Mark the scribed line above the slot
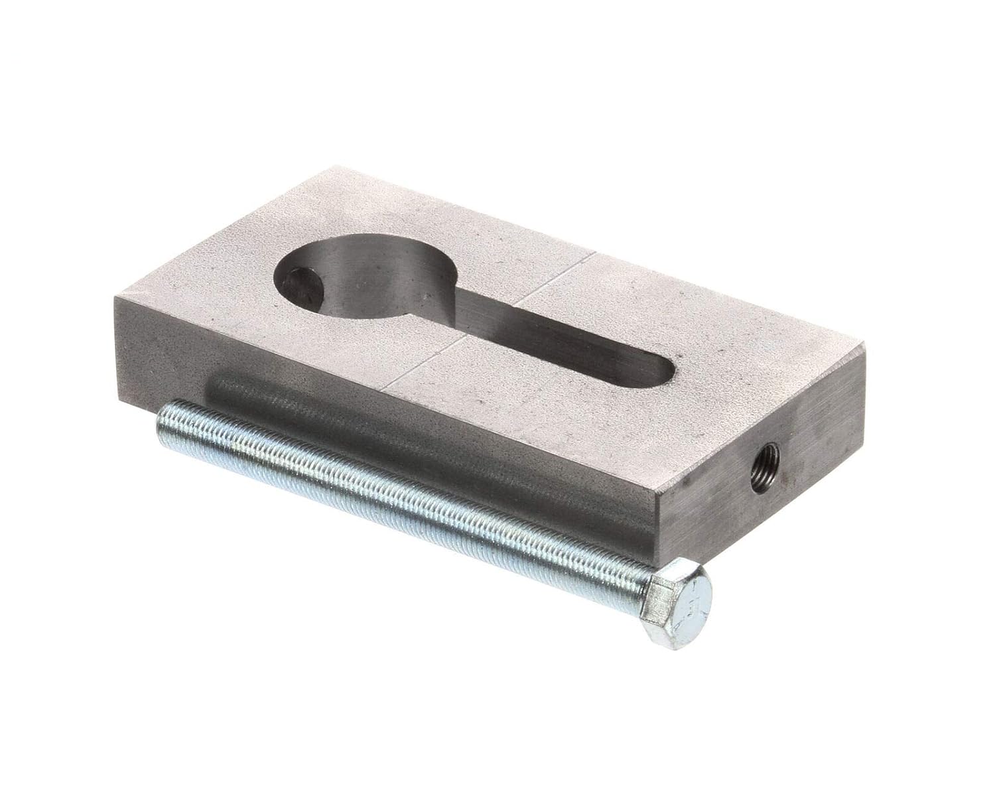(554, 273)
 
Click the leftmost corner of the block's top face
(115, 298)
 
